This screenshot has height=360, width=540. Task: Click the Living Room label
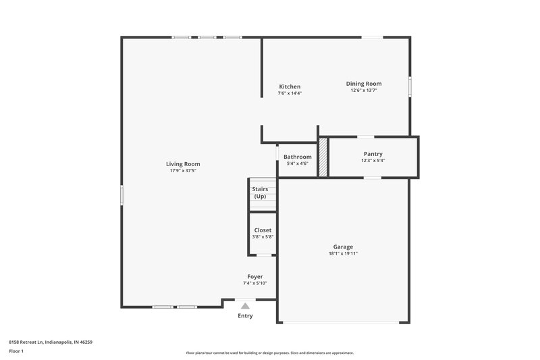coord(183,163)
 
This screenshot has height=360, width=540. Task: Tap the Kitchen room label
coord(290,86)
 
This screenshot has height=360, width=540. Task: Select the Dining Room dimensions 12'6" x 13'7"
coord(364,90)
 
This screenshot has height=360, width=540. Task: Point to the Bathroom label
coord(297,157)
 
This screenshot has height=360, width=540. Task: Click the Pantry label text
coord(373,154)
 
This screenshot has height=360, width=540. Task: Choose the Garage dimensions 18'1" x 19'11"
coord(343,253)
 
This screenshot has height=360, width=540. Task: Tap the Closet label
coord(263,230)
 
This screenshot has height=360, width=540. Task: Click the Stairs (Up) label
coord(260,192)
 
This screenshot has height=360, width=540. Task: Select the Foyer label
coord(255,276)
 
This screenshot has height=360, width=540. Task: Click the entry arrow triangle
coord(245,305)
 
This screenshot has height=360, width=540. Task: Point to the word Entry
coord(245,315)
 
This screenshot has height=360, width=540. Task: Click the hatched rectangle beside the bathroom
coord(323,157)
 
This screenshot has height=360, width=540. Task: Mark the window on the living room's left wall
coord(122,194)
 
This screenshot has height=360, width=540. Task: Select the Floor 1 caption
coord(16,351)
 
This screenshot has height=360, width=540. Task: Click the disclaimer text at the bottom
coord(269,353)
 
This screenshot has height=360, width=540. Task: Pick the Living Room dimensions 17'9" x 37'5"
coord(183,170)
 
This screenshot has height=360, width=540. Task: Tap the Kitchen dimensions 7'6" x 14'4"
coord(290,93)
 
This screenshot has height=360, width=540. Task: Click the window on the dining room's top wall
coord(371,37)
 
